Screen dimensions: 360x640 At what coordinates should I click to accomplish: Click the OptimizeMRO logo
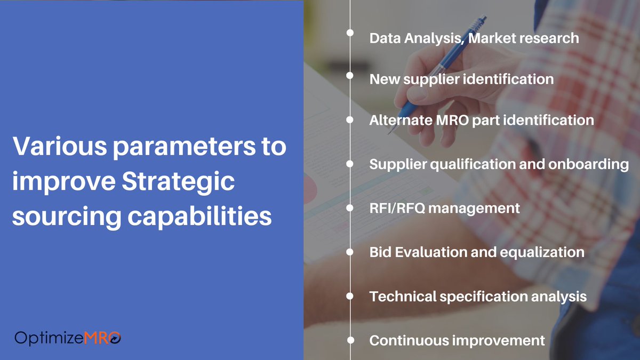pos(68,337)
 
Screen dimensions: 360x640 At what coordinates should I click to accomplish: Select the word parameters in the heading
pos(167,146)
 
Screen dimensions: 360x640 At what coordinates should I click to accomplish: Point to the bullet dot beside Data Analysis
pos(350,32)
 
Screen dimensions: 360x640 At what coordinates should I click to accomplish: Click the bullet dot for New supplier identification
pos(350,76)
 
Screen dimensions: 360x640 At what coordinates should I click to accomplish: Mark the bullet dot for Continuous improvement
pos(350,339)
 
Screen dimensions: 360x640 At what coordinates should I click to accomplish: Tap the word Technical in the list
pos(403,296)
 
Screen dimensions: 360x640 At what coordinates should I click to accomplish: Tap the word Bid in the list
pos(380,252)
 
